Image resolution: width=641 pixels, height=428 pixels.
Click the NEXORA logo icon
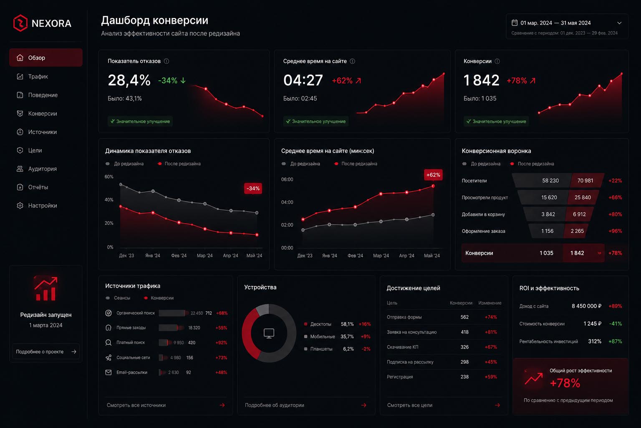20,23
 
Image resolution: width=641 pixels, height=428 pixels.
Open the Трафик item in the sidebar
38,76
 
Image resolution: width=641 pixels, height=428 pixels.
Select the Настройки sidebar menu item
42,206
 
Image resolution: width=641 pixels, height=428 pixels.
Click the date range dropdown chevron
619,23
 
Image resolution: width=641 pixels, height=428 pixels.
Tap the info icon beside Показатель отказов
166,61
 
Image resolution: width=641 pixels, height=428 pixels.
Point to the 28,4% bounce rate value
129,80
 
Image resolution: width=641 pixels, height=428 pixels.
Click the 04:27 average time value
303,80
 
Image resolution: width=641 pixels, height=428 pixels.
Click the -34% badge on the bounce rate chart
253,189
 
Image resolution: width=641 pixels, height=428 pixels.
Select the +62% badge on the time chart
433,175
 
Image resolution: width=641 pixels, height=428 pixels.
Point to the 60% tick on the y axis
109,176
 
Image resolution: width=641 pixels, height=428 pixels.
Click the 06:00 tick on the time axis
287,179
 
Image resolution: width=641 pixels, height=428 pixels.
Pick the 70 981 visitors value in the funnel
585,181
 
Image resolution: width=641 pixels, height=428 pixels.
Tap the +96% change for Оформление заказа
615,231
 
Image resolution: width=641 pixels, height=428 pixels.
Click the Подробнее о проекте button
46,352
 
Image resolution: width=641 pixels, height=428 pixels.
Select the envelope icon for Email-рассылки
109,372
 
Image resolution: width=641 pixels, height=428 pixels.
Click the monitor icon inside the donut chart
269,334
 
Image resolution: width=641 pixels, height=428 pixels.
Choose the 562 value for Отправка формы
464,317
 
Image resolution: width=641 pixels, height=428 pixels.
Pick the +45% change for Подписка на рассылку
490,362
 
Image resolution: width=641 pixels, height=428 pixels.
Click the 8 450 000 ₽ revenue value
586,306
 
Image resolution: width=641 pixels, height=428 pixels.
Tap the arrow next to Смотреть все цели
497,405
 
